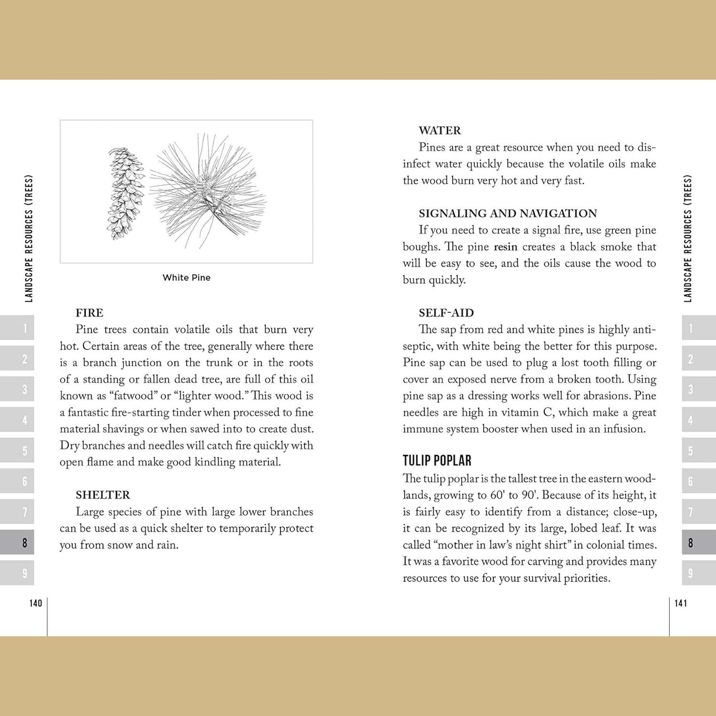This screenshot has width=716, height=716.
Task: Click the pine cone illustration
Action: click(125, 194)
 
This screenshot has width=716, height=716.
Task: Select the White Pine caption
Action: click(186, 277)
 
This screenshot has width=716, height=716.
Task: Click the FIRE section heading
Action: click(89, 313)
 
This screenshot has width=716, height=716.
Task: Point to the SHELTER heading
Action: click(103, 495)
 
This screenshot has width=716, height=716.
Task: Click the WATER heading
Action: click(440, 130)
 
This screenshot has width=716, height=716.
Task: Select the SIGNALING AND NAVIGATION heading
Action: click(507, 213)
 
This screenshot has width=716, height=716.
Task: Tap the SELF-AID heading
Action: click(446, 313)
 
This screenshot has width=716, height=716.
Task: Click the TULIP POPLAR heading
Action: click(437, 460)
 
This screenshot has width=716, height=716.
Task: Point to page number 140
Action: click(36, 603)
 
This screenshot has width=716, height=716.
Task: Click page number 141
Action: click(681, 603)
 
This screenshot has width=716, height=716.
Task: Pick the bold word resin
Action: click(505, 247)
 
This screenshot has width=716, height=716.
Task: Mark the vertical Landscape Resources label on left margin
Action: click(29, 238)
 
